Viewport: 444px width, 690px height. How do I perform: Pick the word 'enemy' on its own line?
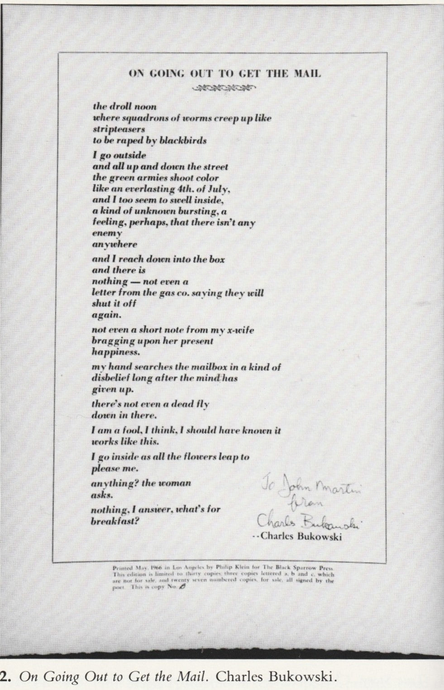[107, 234]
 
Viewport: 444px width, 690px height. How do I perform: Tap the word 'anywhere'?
[115, 244]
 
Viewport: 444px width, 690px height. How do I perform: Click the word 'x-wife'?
[240, 330]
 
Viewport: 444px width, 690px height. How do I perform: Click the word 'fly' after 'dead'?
[202, 404]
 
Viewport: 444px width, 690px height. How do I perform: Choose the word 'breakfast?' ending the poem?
[115, 521]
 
